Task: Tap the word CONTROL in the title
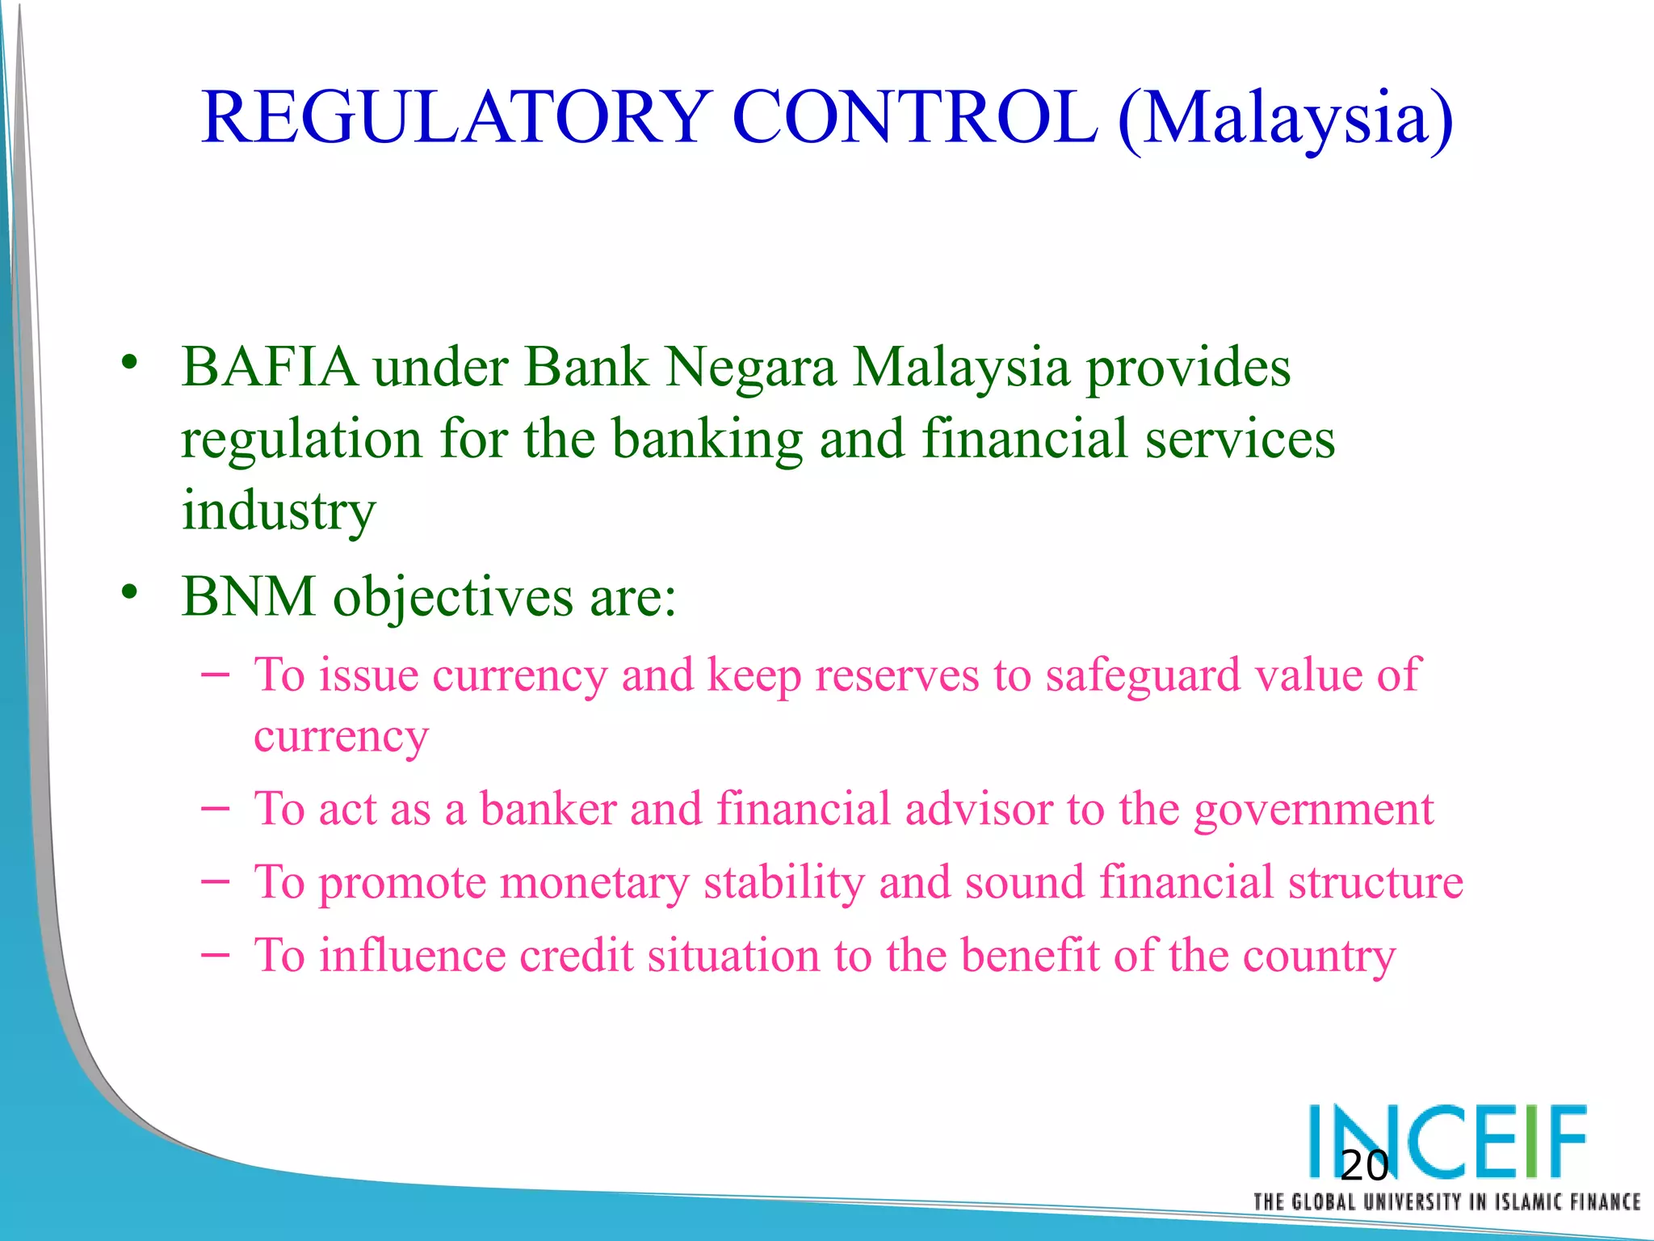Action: pos(914,117)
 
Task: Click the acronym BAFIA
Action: pos(270,368)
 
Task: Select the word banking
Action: pos(707,441)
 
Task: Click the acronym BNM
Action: pos(249,597)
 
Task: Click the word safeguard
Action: pos(1142,677)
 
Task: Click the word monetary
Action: pos(594,883)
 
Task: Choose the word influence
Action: pos(412,956)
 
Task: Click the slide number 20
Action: pos(1363,1166)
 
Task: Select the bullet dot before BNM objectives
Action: pos(129,593)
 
